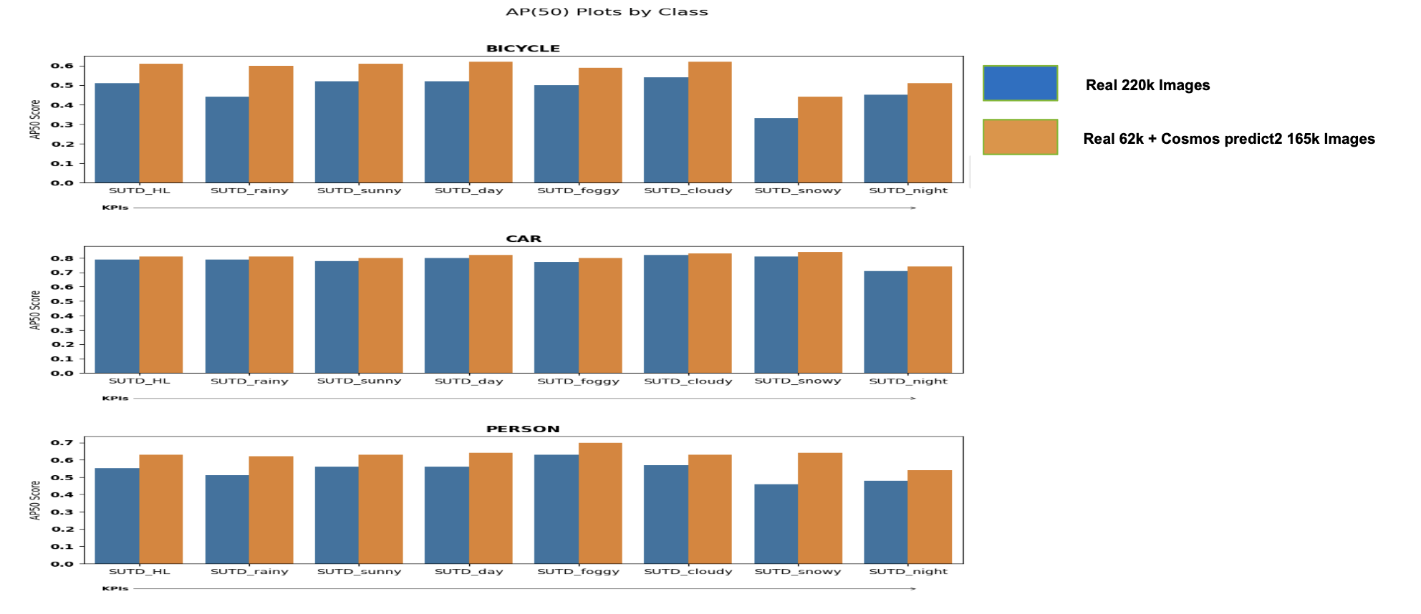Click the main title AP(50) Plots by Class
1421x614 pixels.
[607, 12]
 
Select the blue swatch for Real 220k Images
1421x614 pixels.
[1020, 83]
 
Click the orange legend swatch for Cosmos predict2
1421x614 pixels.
[1020, 137]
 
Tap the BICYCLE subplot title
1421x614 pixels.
[523, 49]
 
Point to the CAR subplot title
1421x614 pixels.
[524, 239]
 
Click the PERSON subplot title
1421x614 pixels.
[523, 429]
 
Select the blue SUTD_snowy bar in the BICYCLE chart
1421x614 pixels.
[776, 150]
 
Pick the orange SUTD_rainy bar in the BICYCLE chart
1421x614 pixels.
[271, 125]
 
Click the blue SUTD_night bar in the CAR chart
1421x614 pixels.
[885, 322]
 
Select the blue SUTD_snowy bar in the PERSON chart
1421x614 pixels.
[776, 524]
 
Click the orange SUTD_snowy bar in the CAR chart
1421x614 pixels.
[819, 313]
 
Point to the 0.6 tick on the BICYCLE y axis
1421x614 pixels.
[62, 66]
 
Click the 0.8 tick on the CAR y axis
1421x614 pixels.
[62, 258]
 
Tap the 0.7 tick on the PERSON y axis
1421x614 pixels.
[62, 443]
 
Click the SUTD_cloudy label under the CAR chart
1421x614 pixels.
[688, 381]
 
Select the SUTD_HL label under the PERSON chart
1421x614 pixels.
[139, 572]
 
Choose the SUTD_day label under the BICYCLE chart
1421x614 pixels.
[468, 191]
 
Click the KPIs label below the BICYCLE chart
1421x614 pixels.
[115, 208]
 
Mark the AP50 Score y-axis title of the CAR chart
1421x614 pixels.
[34, 310]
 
